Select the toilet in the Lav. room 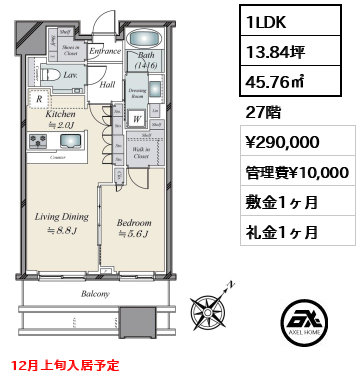point(42,76)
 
